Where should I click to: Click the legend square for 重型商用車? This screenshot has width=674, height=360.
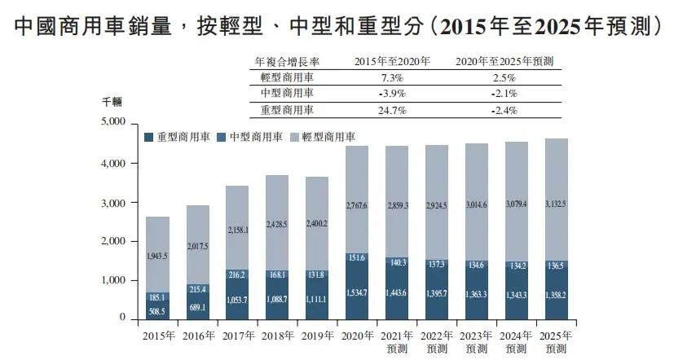tap(148, 137)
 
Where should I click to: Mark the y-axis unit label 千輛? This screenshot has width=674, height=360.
tap(112, 101)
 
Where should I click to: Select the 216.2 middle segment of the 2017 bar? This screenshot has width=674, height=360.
tap(236, 274)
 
